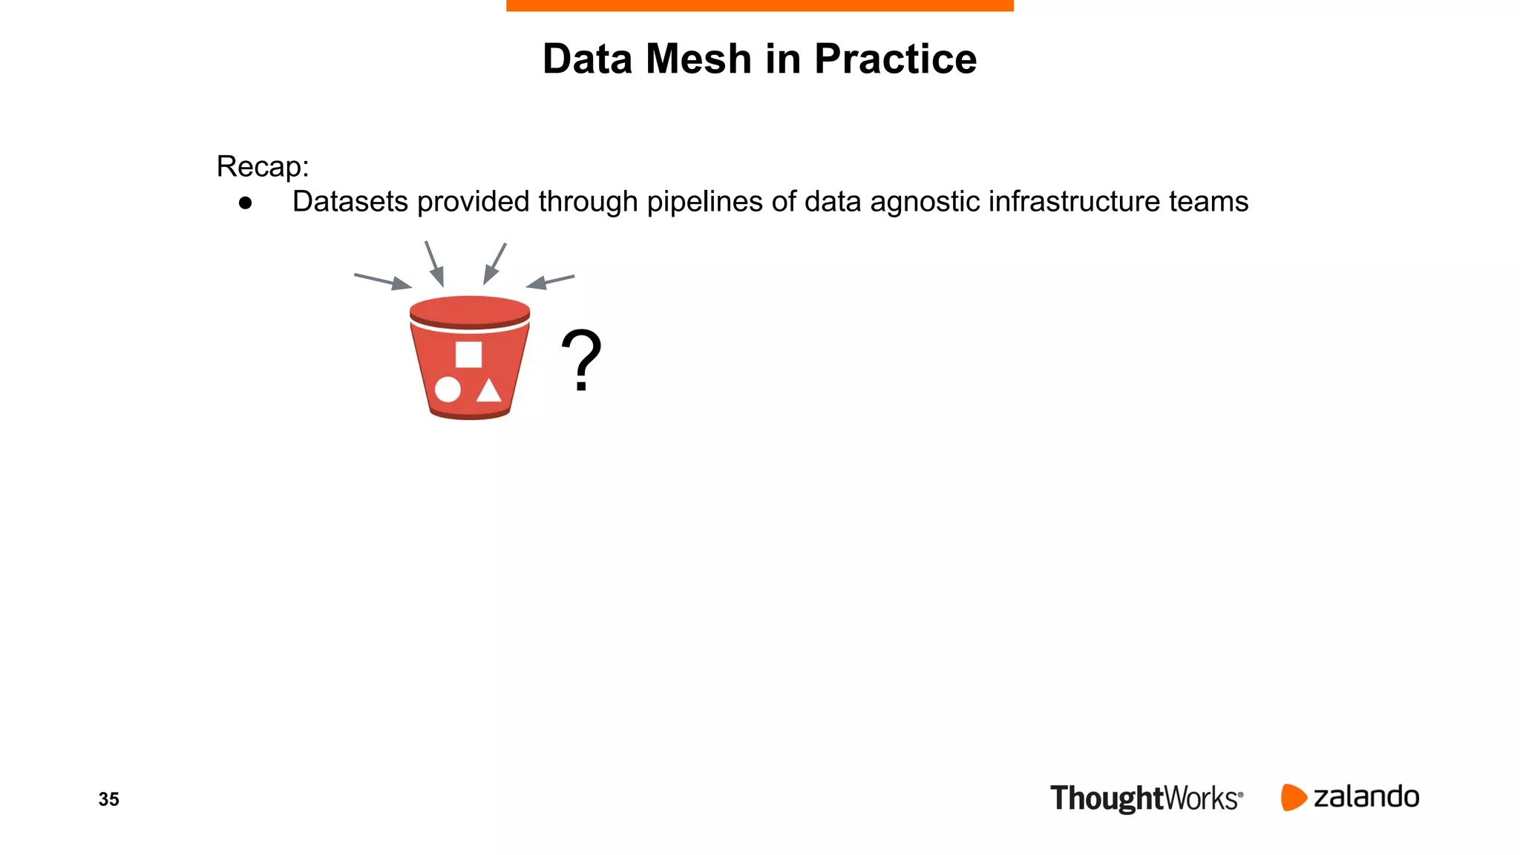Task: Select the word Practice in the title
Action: (x=895, y=59)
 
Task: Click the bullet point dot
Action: (x=246, y=203)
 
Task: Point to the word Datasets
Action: (x=350, y=201)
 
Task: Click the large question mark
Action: (x=581, y=360)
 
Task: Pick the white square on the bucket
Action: (x=468, y=355)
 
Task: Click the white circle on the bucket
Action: (x=448, y=389)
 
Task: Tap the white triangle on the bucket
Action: (x=488, y=390)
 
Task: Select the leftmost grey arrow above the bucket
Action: (x=383, y=281)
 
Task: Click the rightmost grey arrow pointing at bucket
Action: (x=550, y=281)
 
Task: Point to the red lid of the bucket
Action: (x=470, y=311)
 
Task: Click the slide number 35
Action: (x=108, y=799)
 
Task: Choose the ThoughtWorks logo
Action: (x=1146, y=799)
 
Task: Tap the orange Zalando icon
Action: (x=1293, y=797)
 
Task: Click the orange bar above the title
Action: (x=759, y=5)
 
